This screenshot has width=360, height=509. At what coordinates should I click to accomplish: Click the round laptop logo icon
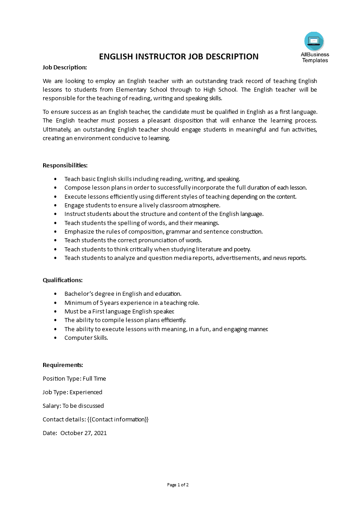(x=314, y=41)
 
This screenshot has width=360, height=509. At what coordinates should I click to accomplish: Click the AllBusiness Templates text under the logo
(x=315, y=57)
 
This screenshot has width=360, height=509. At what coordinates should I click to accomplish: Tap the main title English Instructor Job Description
(x=179, y=57)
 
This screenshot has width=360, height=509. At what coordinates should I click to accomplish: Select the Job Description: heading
(x=64, y=67)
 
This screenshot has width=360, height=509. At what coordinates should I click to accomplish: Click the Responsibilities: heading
(x=65, y=165)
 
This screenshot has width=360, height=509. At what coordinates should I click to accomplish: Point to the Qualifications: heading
(x=63, y=280)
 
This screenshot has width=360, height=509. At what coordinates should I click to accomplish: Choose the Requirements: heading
(x=63, y=365)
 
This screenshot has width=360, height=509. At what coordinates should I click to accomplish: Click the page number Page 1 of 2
(x=178, y=485)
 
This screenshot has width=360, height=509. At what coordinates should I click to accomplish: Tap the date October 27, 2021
(x=84, y=433)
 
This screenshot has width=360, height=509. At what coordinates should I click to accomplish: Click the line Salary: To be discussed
(x=73, y=406)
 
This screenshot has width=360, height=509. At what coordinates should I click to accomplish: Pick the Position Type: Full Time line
(x=74, y=378)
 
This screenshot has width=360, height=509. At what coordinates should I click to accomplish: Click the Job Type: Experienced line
(x=72, y=392)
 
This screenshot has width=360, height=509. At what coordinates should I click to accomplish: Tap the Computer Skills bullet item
(x=86, y=338)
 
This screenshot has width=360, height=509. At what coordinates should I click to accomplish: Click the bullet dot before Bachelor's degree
(x=55, y=294)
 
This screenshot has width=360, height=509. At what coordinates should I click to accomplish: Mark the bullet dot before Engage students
(x=55, y=206)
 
